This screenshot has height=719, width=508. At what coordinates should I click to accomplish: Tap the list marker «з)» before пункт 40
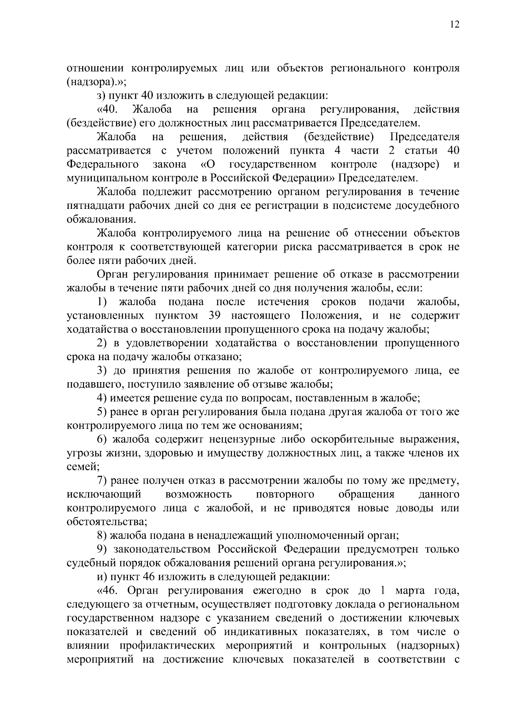[x=102, y=96]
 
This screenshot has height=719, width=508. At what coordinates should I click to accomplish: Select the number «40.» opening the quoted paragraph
[x=108, y=110]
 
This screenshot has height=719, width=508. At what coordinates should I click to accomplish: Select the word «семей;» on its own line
[x=83, y=467]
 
